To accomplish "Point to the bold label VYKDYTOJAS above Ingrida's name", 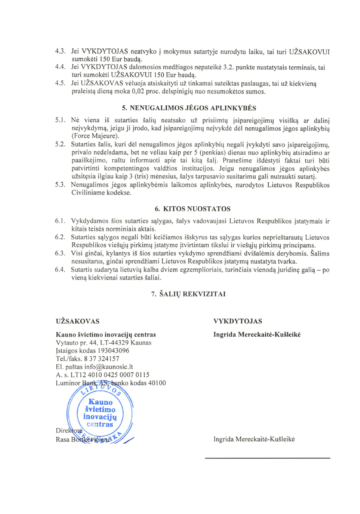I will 238,321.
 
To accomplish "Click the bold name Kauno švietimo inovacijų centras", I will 105,334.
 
